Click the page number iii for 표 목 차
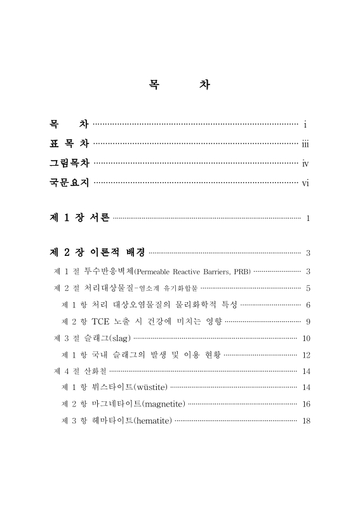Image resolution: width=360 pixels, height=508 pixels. (x=305, y=143)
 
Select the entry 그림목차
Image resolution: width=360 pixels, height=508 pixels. (x=70, y=163)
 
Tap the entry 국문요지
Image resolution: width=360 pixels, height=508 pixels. (x=70, y=184)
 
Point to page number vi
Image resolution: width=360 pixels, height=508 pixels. (x=305, y=184)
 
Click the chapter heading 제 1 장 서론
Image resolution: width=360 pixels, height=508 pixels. (x=79, y=218)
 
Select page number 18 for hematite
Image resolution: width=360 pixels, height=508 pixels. (x=307, y=420)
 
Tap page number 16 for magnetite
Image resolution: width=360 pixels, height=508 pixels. (x=307, y=404)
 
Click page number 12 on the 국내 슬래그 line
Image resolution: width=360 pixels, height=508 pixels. (x=307, y=355)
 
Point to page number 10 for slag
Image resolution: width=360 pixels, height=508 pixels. (x=307, y=338)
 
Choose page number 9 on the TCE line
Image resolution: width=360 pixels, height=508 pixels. (x=308, y=321)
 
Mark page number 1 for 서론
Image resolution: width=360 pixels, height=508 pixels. (x=308, y=219)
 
